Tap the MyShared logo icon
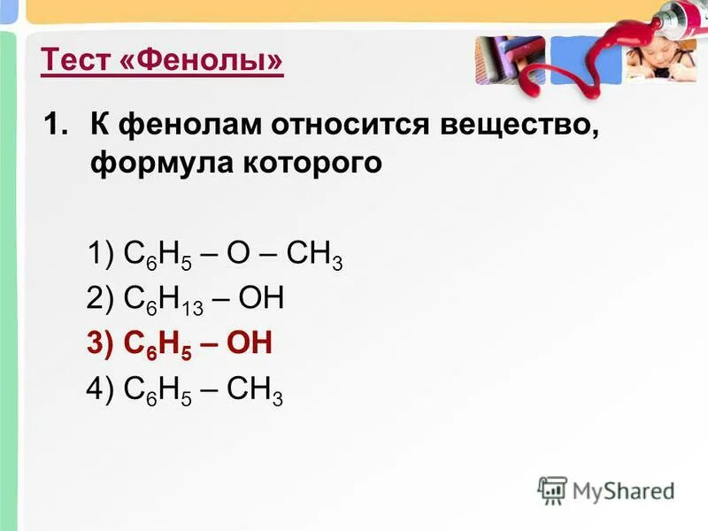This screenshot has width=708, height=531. pos(552,489)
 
